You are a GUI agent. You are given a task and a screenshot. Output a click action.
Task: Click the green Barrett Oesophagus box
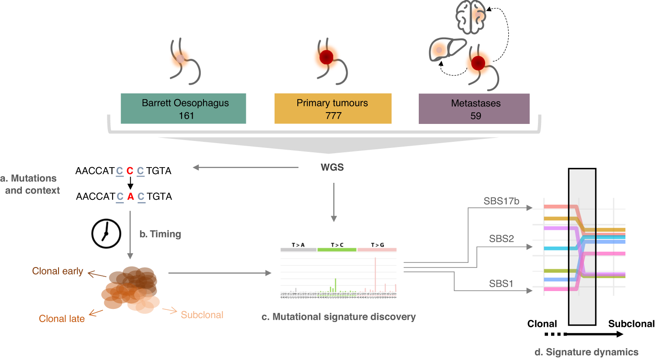coord(183,108)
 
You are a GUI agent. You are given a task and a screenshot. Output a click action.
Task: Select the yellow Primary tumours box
coord(333,108)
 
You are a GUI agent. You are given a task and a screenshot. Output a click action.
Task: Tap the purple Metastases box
coord(474,109)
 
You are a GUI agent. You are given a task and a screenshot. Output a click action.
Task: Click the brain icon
coord(470,17)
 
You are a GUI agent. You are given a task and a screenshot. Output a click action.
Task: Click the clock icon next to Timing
coord(106,233)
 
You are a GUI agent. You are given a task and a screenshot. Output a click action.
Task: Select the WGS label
coord(332,167)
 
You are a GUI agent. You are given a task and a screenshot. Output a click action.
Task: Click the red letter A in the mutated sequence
coord(130,197)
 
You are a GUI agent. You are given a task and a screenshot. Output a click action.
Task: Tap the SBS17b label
coord(501,201)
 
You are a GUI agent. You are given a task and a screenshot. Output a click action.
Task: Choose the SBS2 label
coord(501,239)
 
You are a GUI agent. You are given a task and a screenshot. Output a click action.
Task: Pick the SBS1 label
coord(501,284)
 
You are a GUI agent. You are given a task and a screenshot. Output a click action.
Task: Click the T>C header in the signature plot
coord(337,245)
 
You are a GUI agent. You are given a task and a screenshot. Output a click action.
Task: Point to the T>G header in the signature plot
coord(377,245)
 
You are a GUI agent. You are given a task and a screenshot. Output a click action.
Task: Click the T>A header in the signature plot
coord(298,245)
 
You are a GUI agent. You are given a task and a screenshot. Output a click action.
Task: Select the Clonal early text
coord(58,271)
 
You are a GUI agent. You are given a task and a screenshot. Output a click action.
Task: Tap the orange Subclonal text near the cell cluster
coord(202,315)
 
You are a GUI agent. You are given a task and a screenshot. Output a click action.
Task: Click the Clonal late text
coord(62,319)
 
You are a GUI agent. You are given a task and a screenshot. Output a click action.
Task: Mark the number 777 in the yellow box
coord(333,116)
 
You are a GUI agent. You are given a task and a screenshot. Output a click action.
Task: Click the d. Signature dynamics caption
coord(586,352)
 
